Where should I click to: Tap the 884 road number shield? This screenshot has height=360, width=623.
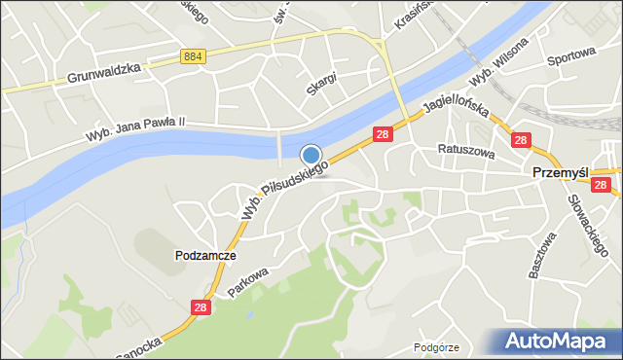point(193,58)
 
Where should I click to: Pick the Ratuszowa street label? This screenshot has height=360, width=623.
point(467,152)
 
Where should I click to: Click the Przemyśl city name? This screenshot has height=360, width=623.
point(561,171)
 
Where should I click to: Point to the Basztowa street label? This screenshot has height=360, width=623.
point(542,255)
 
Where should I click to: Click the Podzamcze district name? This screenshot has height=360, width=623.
point(205,255)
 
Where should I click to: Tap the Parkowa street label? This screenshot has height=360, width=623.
point(248,278)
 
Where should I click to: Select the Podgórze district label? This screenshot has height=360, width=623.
point(435,346)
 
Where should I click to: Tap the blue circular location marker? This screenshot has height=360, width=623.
point(311,155)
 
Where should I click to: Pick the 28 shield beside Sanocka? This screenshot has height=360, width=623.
point(201,307)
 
